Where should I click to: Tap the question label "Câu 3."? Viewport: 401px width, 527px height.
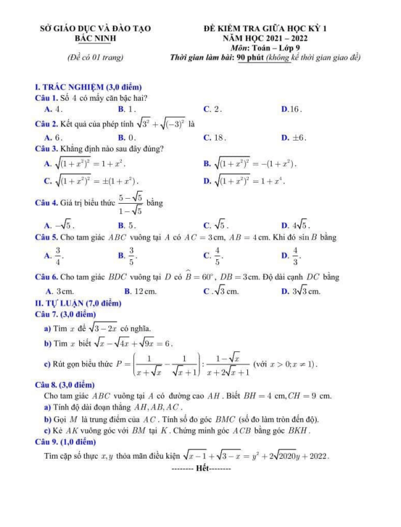49,149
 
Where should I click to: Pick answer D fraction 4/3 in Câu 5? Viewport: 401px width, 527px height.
293,256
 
